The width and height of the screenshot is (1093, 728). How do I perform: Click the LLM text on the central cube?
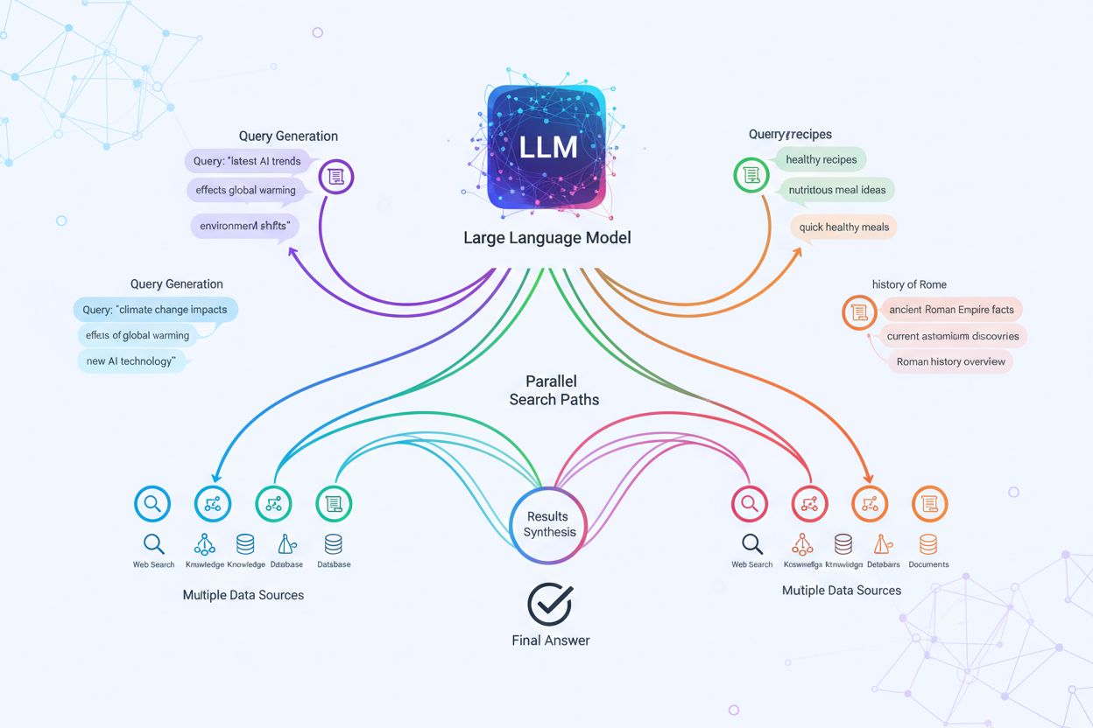547,146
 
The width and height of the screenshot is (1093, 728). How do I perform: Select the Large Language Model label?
546,237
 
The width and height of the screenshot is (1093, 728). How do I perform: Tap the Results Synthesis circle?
546,524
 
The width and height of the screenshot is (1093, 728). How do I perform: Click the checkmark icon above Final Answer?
550,603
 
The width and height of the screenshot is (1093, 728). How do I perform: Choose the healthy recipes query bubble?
821,159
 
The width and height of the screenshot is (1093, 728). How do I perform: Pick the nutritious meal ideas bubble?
836,190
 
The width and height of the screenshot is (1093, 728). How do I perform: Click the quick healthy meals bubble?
843,227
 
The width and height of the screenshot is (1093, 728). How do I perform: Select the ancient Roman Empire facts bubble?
950,310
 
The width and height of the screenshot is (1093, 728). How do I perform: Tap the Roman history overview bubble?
950,361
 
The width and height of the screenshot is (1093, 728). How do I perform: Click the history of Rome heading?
909,284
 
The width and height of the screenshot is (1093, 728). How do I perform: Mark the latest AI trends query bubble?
248,161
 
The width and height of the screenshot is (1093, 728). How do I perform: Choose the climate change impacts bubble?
155,310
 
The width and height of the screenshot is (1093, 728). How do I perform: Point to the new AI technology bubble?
131,360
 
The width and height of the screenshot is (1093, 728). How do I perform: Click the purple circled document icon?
335,177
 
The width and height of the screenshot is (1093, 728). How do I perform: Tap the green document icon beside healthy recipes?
750,175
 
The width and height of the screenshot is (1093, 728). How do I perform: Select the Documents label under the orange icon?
928,564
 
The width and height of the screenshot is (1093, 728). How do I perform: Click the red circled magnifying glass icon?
749,503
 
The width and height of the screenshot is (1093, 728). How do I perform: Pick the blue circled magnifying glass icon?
152,503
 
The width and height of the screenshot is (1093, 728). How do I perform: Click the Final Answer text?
550,640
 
